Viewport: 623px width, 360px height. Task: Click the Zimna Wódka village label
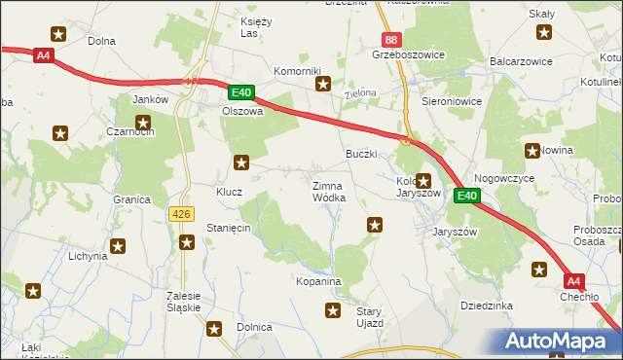point(328,191)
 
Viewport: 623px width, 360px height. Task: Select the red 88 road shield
point(391,39)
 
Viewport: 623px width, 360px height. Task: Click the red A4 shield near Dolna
point(43,55)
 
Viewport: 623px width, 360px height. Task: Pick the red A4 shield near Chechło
point(575,282)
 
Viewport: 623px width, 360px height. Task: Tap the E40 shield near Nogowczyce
point(467,196)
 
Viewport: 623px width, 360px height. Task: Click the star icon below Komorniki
point(323,85)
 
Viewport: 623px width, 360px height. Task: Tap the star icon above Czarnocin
point(143,124)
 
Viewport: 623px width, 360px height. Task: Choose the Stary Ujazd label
point(369,316)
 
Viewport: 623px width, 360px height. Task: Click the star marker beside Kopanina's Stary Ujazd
point(332,311)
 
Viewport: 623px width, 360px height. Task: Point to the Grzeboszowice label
point(408,54)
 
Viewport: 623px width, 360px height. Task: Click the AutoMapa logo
point(557,342)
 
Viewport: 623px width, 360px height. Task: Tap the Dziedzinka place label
point(487,306)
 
